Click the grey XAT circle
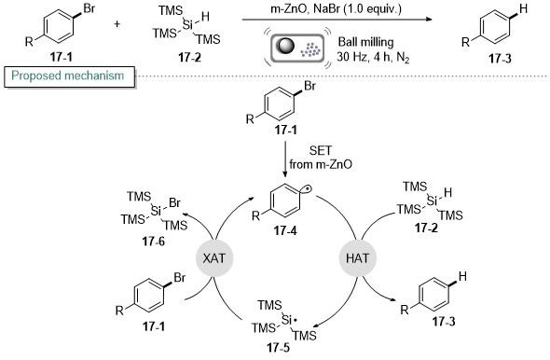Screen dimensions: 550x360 214,258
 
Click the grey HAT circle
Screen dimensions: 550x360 357,258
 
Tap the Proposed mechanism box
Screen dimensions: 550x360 69,76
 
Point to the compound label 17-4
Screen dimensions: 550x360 285,231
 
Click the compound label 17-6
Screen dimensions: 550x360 153,242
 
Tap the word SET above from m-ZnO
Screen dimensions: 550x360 320,151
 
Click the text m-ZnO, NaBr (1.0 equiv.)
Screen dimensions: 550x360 336,8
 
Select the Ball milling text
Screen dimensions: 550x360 365,43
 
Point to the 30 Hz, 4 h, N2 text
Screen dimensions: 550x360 373,57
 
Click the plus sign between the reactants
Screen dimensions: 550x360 117,24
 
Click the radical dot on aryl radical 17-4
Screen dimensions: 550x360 306,189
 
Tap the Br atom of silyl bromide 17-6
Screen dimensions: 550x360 174,202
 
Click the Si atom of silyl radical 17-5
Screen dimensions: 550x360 287,320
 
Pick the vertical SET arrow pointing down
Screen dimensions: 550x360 285,159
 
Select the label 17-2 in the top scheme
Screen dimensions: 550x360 190,57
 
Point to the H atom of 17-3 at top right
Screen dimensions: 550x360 523,8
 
